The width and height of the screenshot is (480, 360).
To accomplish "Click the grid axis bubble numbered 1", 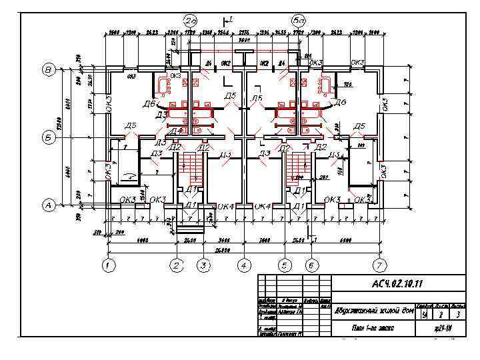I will pyautogui.click(x=107, y=265).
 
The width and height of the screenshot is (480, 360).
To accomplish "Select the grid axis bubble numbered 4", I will pyautogui.click(x=244, y=265).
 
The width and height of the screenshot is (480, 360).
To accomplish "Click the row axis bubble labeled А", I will pyautogui.click(x=49, y=205).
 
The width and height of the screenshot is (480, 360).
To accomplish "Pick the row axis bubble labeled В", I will pyautogui.click(x=49, y=69).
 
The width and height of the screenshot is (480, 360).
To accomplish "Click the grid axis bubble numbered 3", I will pyautogui.click(x=203, y=265).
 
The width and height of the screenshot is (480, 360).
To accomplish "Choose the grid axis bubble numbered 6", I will pyautogui.click(x=311, y=265).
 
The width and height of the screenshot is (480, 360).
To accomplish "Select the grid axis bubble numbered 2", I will pyautogui.click(x=176, y=265).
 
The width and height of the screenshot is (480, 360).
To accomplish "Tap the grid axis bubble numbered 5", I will pyautogui.click(x=285, y=265).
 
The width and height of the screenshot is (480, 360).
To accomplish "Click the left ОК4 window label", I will pyautogui.click(x=227, y=207).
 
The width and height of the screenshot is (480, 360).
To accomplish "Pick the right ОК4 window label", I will pyautogui.click(x=263, y=207).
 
